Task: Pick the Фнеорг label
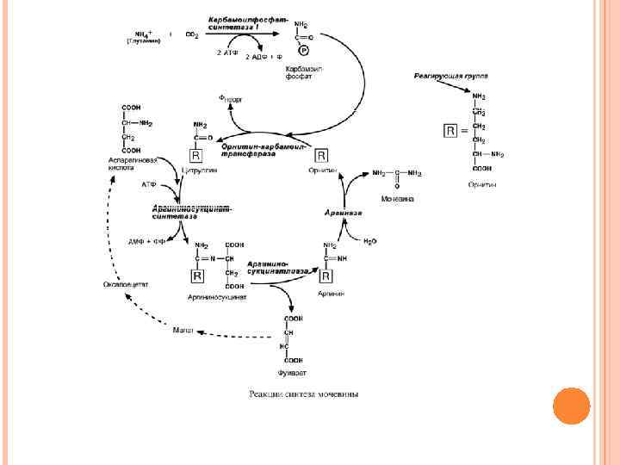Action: pos(232,100)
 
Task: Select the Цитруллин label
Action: pos(200,171)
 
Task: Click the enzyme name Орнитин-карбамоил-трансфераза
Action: pos(263,151)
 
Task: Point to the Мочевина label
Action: pos(397,199)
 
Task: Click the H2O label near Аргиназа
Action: pos(370,241)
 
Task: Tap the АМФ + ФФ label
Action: pos(147,242)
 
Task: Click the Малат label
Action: pos(183,331)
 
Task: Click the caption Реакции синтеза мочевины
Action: pos(303,394)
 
